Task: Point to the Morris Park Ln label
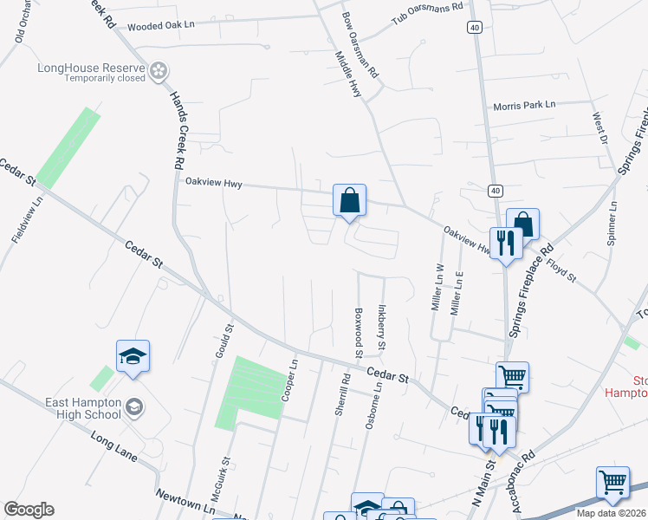point(524,105)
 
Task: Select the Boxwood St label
point(357,332)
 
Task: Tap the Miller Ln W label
point(438,288)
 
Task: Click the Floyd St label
point(561,268)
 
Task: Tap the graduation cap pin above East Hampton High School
point(133,356)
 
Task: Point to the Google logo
point(29,510)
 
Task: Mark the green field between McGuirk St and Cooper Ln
point(250,392)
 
